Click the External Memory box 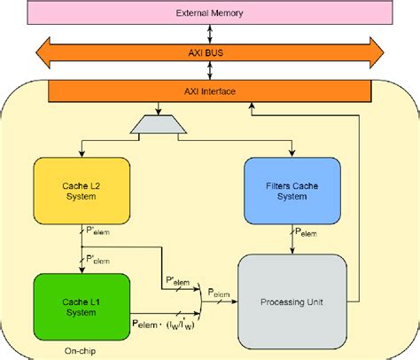[x=209, y=13]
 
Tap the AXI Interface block [x=209, y=91]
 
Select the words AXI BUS [x=209, y=52]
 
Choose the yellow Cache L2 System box [x=82, y=191]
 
